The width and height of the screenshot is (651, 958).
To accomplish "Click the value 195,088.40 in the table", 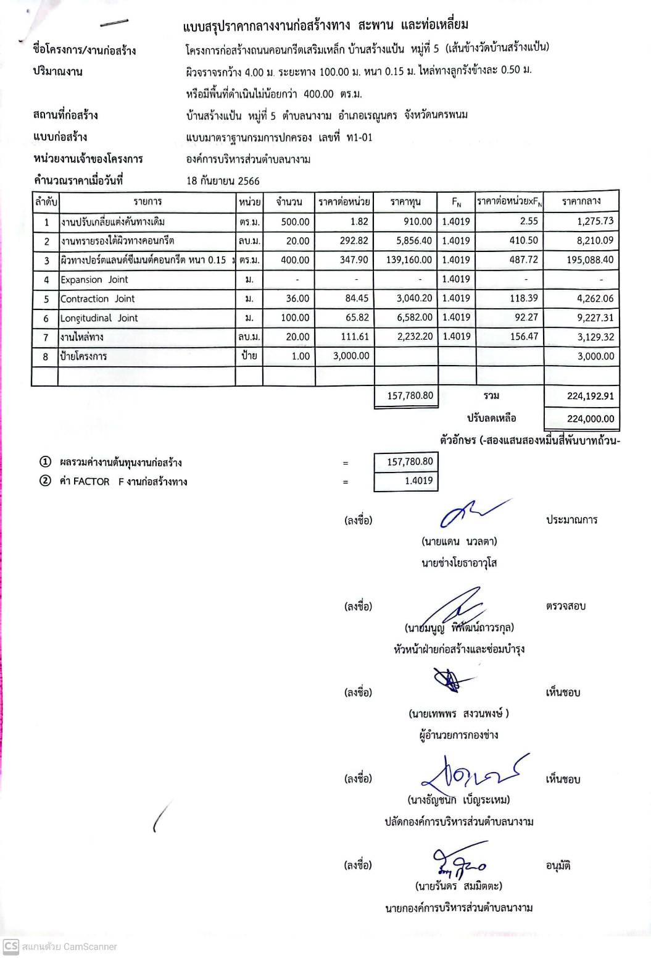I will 590,260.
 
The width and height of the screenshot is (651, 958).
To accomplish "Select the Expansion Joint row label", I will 94,280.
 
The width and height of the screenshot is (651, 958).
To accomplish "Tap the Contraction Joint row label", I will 97,299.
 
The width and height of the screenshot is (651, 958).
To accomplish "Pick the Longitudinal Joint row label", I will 99,318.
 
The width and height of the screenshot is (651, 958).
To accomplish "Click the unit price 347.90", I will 354,260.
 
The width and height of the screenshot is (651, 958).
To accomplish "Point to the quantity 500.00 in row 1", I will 295,222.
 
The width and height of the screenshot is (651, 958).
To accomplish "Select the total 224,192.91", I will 590,397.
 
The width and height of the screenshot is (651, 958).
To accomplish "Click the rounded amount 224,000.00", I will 590,419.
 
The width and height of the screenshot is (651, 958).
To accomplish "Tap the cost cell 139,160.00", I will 409,260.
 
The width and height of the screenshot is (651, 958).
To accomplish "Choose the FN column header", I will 457,202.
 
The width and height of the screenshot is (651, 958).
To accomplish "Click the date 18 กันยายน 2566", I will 223,181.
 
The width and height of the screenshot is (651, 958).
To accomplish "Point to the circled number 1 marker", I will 45,462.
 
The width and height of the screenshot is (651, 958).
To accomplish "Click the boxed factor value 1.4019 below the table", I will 418,481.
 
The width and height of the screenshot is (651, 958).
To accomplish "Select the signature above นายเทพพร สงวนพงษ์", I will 448,680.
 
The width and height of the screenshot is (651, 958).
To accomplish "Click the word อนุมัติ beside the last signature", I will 558,866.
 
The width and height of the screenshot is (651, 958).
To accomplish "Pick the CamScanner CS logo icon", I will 10,946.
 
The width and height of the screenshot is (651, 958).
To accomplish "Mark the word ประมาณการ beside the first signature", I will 571,520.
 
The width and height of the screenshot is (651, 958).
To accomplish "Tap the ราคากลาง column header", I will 581,201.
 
